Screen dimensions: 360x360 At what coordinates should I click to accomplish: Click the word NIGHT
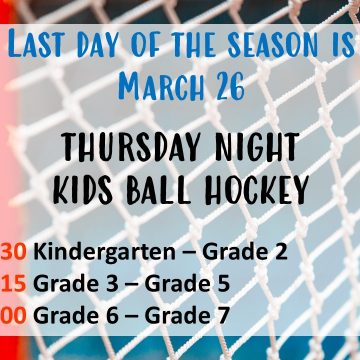(257, 146)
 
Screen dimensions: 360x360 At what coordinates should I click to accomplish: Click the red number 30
(13, 251)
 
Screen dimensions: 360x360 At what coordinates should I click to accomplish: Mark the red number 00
(13, 316)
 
